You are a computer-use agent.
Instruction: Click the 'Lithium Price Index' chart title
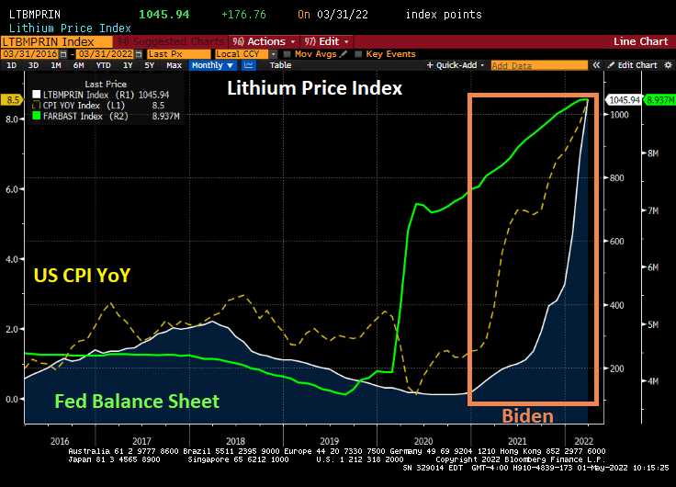coord(315,88)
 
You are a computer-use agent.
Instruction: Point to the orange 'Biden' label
coord(526,415)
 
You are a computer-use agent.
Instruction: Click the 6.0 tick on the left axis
coord(11,189)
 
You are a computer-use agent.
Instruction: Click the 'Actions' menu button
coord(265,41)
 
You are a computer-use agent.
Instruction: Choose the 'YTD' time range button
coord(103,65)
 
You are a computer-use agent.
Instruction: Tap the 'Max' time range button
coord(174,65)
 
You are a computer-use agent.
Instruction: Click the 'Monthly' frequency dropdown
coord(211,65)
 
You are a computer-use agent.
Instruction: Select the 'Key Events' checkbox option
coord(389,54)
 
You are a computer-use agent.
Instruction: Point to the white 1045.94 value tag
coord(624,100)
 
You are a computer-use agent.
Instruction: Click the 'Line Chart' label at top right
coord(640,41)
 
